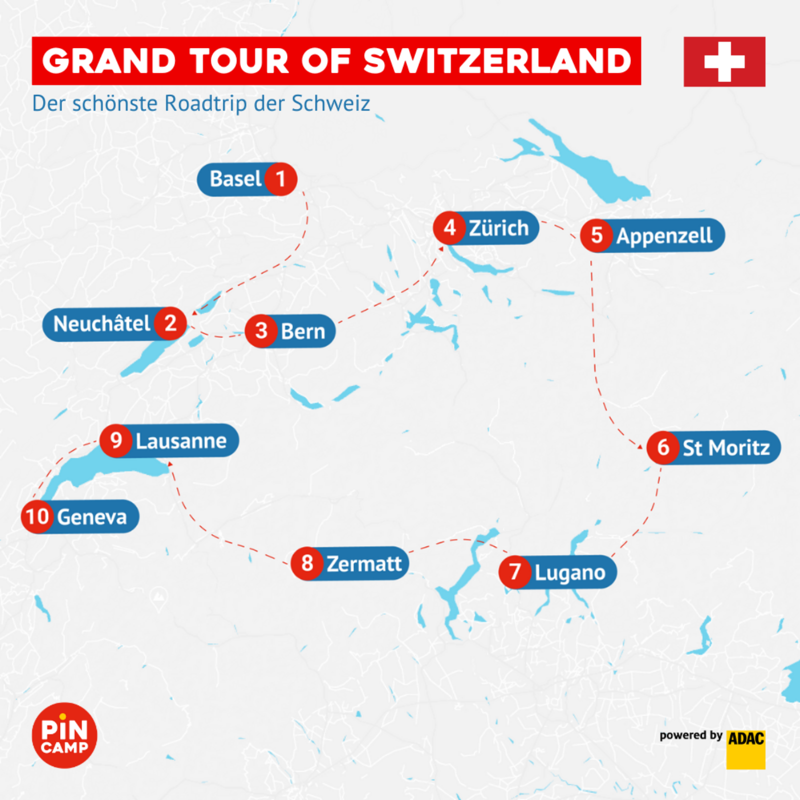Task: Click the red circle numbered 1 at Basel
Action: click(x=280, y=179)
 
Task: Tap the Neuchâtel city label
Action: click(x=101, y=324)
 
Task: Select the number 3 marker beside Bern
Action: click(x=261, y=330)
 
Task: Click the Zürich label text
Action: click(x=498, y=228)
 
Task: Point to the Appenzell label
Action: click(x=664, y=235)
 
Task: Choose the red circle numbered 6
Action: click(x=663, y=447)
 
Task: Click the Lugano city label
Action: click(x=569, y=572)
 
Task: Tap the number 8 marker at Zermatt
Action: click(x=307, y=563)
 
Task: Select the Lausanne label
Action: click(x=181, y=441)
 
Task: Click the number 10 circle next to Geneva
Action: click(x=37, y=516)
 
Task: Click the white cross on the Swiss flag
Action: click(x=724, y=61)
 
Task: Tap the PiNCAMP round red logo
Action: click(x=64, y=735)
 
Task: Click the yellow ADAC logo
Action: click(x=745, y=749)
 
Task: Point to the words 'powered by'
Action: click(x=690, y=735)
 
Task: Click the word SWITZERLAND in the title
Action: click(x=497, y=61)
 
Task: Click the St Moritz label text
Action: click(x=726, y=448)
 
